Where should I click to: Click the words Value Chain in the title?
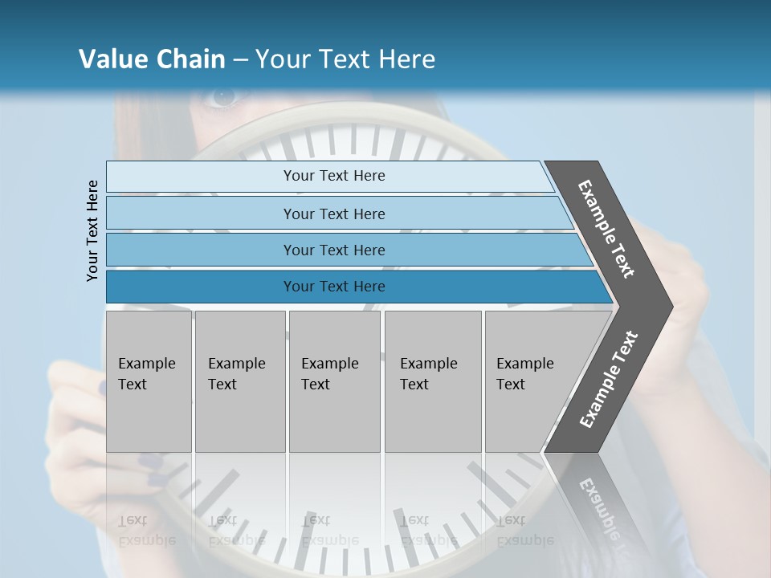click(152, 59)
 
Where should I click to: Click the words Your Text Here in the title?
click(345, 59)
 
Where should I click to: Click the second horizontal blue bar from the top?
click(333, 214)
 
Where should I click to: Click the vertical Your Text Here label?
click(92, 230)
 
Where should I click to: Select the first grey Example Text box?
click(149, 381)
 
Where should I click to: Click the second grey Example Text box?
click(239, 381)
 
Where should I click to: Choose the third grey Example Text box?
click(334, 381)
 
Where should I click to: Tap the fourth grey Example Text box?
click(432, 381)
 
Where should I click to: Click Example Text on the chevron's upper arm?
click(606, 229)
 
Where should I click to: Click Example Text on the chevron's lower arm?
click(608, 379)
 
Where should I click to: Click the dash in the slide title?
click(240, 60)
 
